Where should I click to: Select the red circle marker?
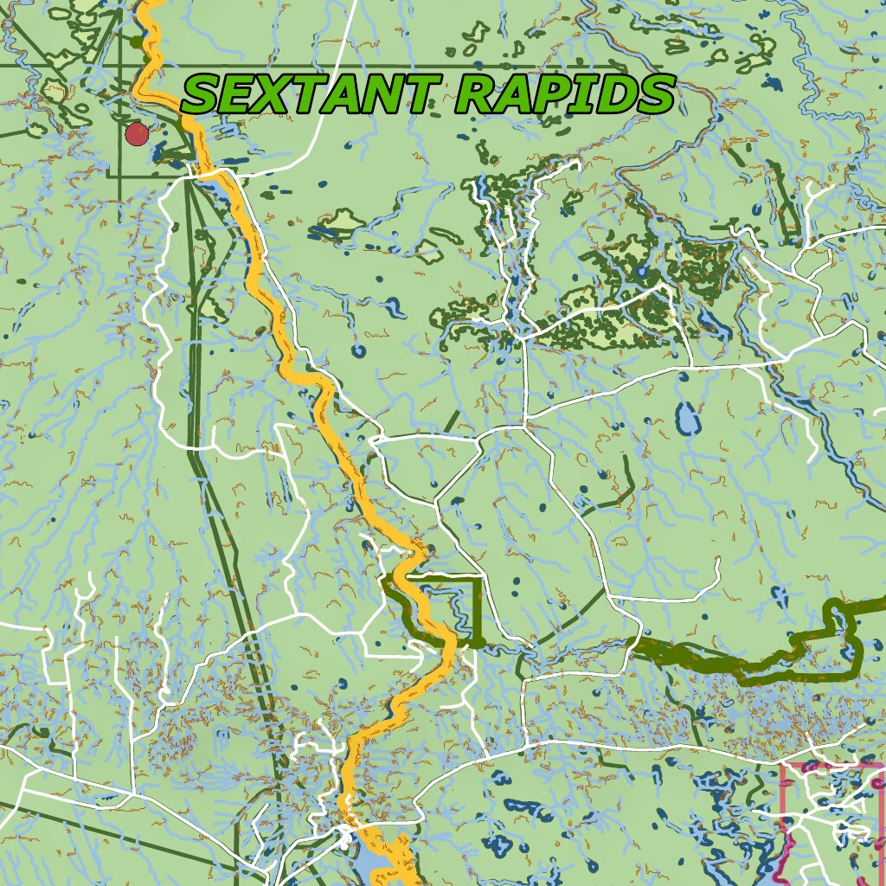(137, 134)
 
